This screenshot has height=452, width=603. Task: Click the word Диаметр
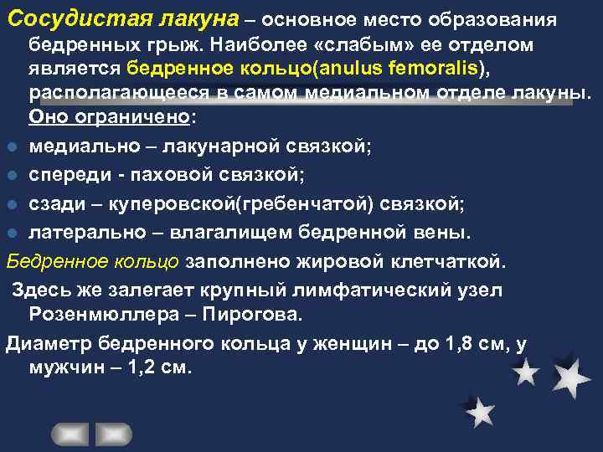click(x=49, y=343)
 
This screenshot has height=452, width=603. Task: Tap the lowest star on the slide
click(x=479, y=411)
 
